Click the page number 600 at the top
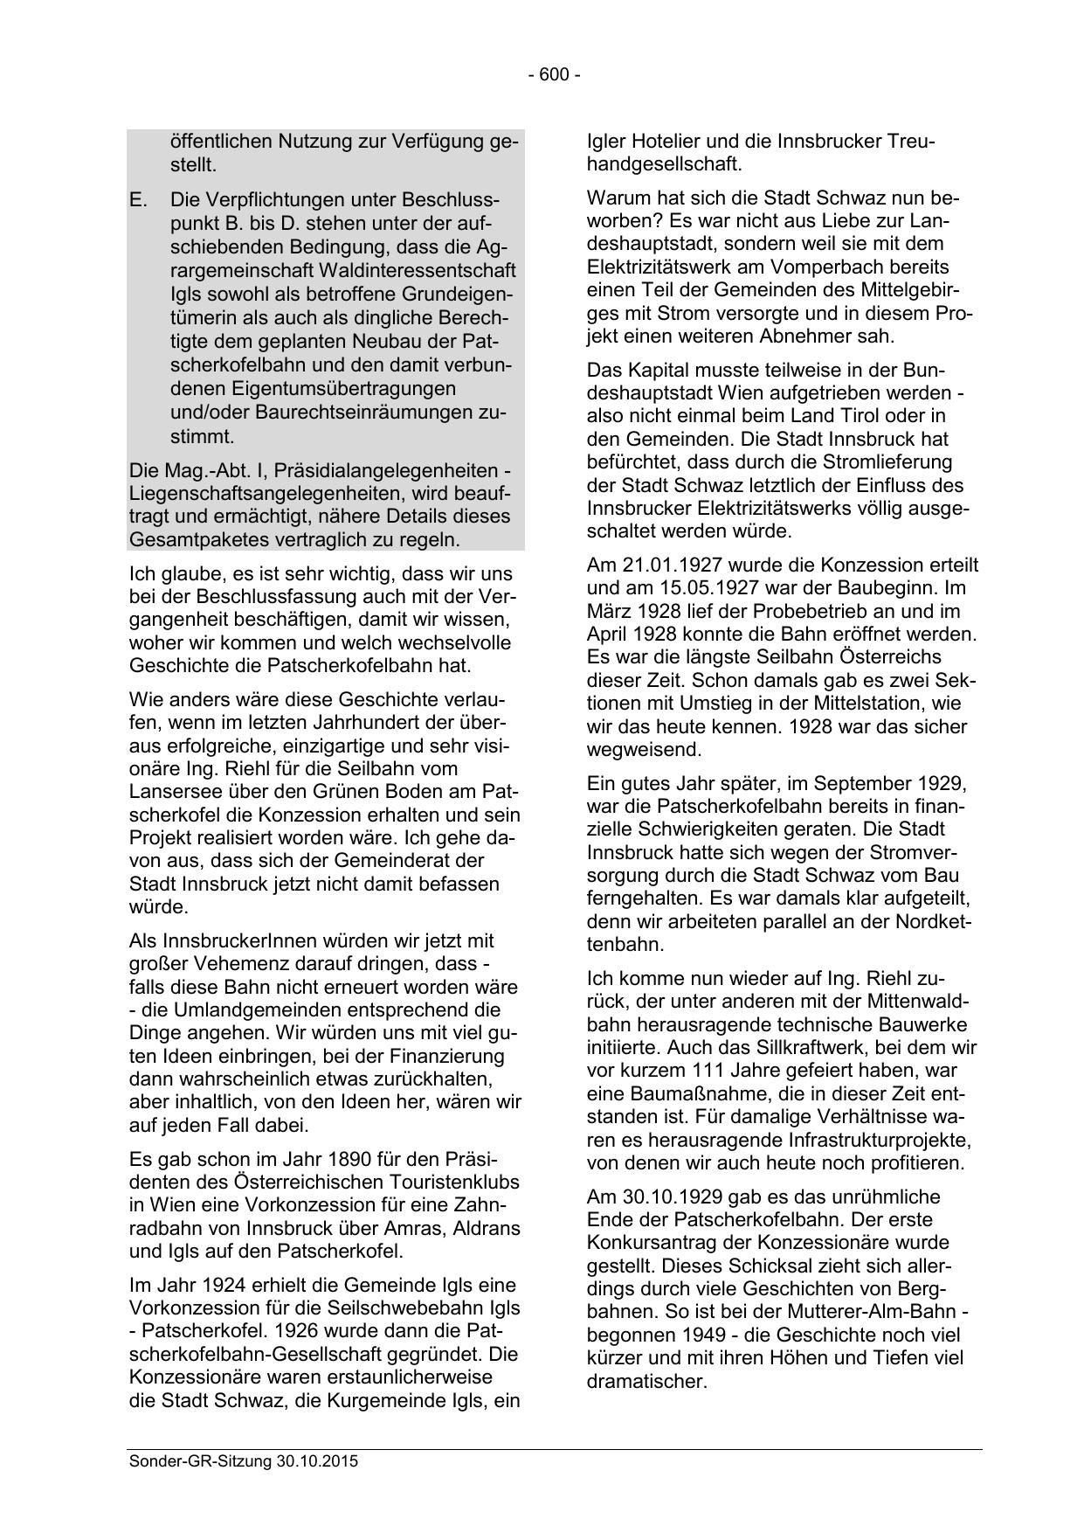pyautogui.click(x=554, y=75)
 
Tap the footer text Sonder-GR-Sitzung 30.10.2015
pyautogui.click(x=244, y=1461)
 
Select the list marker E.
pyautogui.click(x=138, y=200)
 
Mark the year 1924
pyautogui.click(x=223, y=1286)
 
